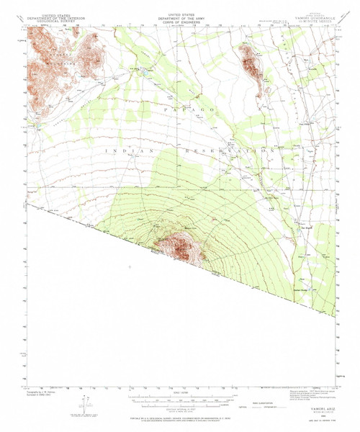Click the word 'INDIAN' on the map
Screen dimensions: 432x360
pos(121,150)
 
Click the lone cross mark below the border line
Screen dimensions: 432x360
pos(130,267)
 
